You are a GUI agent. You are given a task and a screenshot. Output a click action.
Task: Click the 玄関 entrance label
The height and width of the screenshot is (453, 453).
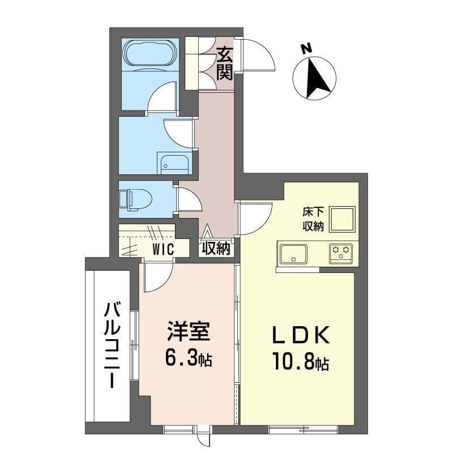coord(224,63)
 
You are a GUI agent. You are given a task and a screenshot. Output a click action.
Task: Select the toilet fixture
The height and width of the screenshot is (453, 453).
coord(135,199)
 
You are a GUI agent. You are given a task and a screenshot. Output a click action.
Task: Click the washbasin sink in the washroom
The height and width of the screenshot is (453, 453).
coord(174,165)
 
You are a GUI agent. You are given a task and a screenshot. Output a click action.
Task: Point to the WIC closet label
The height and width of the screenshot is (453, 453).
coord(163,249)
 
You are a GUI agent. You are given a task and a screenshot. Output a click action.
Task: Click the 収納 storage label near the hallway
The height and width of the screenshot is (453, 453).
coord(216,248)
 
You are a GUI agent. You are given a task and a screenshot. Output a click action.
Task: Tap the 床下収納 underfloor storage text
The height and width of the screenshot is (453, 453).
coord(313,219)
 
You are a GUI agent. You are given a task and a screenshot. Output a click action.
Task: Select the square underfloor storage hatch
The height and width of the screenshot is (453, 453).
coord(343,219)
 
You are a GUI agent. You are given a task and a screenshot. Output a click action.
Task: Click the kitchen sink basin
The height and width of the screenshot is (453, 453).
coord(293,254)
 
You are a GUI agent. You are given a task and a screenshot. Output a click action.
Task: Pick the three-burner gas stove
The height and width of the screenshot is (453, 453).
coord(341,254)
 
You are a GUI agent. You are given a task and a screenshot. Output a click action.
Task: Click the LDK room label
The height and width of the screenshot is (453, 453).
coord(301,335)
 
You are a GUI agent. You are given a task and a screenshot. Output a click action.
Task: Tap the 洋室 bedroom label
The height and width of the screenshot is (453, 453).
coord(188,331)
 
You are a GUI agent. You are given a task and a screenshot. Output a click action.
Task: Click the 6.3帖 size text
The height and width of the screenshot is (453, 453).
coord(189,358)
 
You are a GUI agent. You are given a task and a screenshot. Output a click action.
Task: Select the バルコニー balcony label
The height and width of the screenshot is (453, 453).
coord(112,345)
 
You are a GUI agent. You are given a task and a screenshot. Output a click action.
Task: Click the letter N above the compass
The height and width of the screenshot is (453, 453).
coord(306,49)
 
